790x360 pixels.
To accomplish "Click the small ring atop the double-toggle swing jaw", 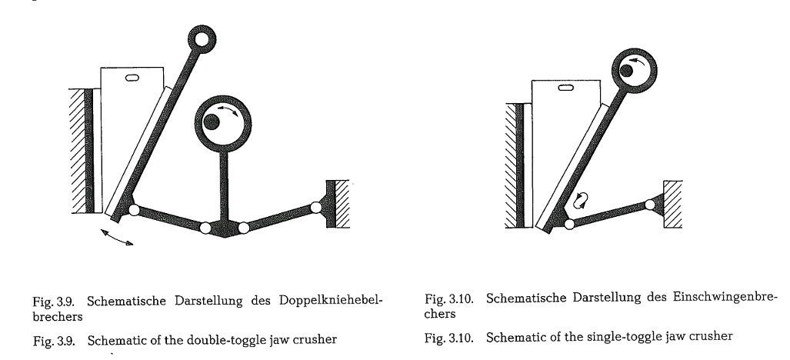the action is pyautogui.click(x=202, y=38).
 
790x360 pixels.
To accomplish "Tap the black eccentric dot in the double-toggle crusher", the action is pyautogui.click(x=211, y=122).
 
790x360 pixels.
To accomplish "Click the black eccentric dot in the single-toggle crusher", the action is pyautogui.click(x=626, y=71).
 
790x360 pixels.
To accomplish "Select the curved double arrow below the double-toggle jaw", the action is pyautogui.click(x=117, y=237).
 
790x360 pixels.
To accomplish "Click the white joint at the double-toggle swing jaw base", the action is pyautogui.click(x=134, y=209).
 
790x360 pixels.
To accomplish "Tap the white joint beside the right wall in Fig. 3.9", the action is pyautogui.click(x=316, y=207).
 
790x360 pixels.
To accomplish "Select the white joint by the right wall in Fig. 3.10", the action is pyautogui.click(x=650, y=205).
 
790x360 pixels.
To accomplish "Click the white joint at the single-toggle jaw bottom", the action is pyautogui.click(x=569, y=225).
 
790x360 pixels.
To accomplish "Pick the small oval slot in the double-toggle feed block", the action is pyautogui.click(x=132, y=78).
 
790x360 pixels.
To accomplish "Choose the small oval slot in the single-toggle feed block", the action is pyautogui.click(x=566, y=88).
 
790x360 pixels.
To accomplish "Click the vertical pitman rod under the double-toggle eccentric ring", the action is pyautogui.click(x=224, y=185).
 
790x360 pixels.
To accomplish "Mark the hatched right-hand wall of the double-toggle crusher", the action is pyautogui.click(x=342, y=204).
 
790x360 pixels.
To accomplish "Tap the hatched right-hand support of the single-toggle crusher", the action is pyautogui.click(x=673, y=204).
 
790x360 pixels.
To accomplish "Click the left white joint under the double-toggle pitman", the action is pyautogui.click(x=205, y=228).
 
